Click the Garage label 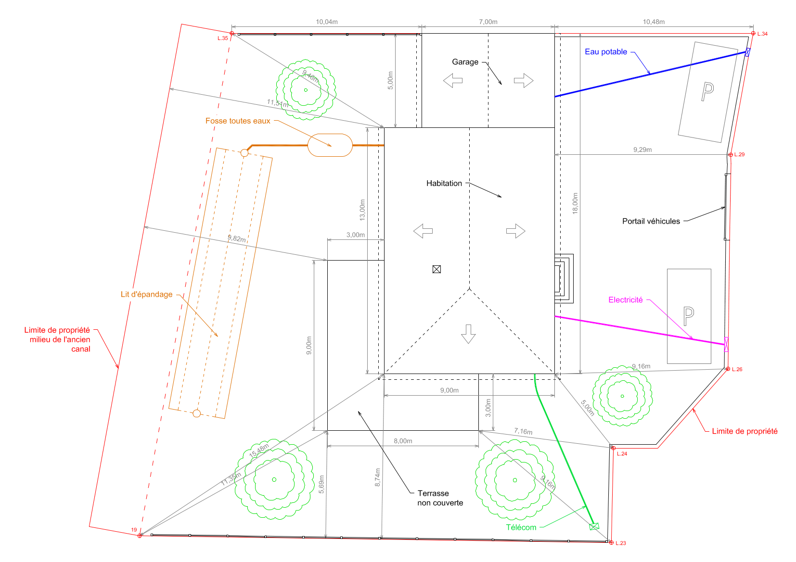tap(465, 62)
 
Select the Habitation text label tap(444, 184)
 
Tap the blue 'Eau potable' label tap(606, 52)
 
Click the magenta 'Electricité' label tap(625, 300)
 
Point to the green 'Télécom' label tap(521, 527)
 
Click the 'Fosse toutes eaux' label tap(238, 121)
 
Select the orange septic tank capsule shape tap(330, 145)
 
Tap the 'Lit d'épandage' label tap(146, 294)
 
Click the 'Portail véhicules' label tap(651, 222)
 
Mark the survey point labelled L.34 tap(753, 34)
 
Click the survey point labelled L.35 tap(231, 34)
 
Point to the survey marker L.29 tap(730, 155)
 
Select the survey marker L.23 tap(611, 543)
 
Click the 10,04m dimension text tap(326, 22)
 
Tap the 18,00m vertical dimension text tap(575, 203)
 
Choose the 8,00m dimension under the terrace tap(403, 441)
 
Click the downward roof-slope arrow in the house tap(468, 334)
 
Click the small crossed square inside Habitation tap(437, 269)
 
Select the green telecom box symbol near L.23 tap(594, 526)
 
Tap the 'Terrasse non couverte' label tap(440, 498)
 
